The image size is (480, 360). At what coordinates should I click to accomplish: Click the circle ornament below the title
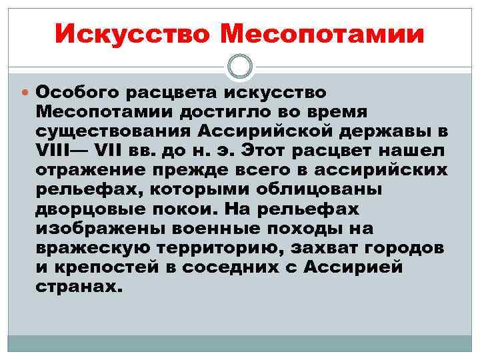(x=240, y=66)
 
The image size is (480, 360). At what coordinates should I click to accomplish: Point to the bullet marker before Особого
(x=26, y=91)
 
